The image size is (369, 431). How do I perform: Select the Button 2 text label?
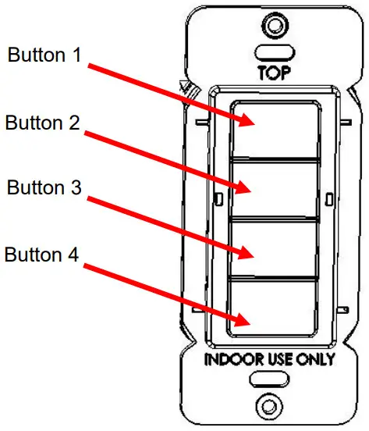click(x=44, y=123)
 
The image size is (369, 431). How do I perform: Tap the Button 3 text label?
click(x=45, y=188)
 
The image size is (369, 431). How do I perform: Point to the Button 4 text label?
click(x=44, y=255)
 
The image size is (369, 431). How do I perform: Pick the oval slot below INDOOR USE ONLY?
click(x=270, y=380)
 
